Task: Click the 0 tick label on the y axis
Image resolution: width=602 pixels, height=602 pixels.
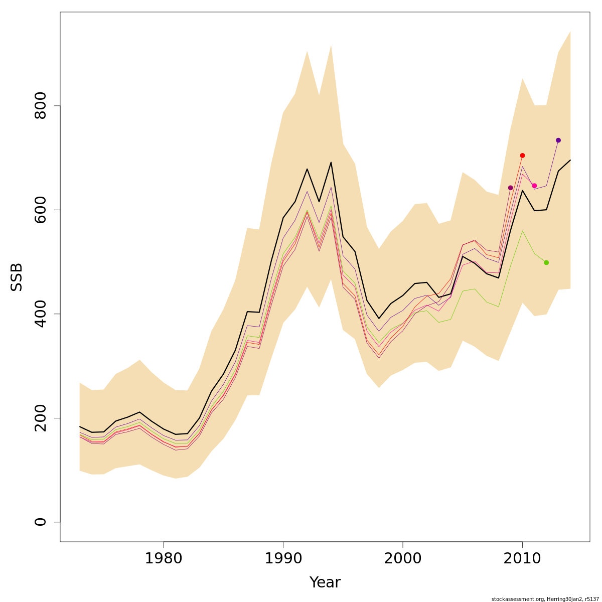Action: [41, 522]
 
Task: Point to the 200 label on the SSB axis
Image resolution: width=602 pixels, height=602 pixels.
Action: [41, 418]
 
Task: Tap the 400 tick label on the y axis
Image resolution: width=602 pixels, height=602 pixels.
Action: [41, 314]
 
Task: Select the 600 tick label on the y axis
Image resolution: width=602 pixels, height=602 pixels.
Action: [41, 210]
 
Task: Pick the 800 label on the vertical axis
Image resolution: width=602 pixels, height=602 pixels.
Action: [41, 106]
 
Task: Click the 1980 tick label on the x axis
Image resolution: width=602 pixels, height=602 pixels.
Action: [164, 558]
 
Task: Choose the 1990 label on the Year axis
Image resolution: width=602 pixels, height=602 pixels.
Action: [283, 558]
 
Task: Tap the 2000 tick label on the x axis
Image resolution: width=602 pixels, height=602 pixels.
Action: [403, 558]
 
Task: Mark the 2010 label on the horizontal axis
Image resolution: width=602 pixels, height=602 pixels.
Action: [522, 558]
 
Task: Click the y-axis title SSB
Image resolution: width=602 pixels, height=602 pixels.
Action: [17, 277]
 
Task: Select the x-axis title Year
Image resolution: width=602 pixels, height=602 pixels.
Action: [325, 582]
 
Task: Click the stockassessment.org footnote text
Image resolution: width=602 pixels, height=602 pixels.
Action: [545, 599]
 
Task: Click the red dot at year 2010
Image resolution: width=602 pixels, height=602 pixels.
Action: [522, 156]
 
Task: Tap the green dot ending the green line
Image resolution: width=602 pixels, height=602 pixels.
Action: [546, 262]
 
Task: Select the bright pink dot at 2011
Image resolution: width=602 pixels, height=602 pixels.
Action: [534, 186]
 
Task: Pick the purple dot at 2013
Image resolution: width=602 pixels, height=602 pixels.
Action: [558, 140]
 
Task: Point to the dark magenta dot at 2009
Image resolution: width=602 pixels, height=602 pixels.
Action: [510, 188]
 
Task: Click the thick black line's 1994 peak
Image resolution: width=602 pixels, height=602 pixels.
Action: [331, 162]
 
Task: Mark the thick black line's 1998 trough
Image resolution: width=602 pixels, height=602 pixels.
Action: [379, 319]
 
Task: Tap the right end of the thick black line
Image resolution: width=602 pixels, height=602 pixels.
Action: [570, 160]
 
